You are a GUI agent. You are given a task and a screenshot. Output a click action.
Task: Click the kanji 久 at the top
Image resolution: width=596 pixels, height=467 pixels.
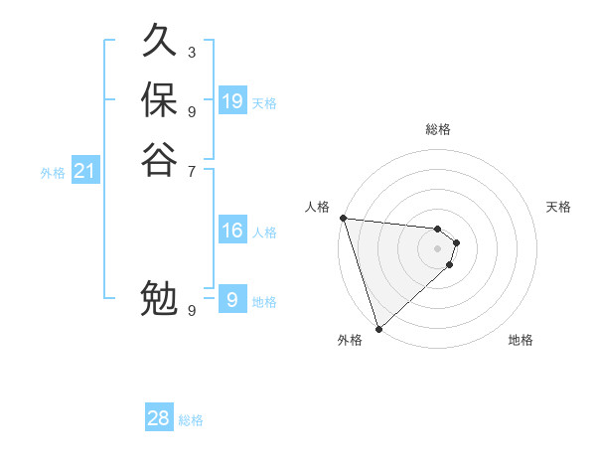pyautogui.click(x=159, y=42)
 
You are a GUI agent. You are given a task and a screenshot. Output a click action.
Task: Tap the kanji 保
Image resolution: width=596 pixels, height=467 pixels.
pyautogui.click(x=159, y=100)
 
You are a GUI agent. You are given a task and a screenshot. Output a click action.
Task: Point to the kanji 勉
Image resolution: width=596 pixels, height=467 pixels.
pyautogui.click(x=159, y=299)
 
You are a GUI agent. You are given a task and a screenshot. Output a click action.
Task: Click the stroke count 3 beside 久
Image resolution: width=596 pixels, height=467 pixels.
pyautogui.click(x=192, y=53)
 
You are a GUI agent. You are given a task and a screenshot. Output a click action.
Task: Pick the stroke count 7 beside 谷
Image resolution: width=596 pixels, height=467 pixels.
pyautogui.click(x=192, y=170)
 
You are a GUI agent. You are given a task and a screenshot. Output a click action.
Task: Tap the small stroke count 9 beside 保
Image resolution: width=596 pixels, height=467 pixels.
pyautogui.click(x=192, y=111)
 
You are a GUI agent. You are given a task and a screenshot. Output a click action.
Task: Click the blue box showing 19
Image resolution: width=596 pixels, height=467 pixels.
pyautogui.click(x=232, y=101)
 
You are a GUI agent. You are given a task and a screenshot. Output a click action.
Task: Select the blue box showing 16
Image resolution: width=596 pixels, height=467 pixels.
pyautogui.click(x=232, y=231)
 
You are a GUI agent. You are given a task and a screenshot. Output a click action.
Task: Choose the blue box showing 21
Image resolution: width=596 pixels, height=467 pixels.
pyautogui.click(x=85, y=172)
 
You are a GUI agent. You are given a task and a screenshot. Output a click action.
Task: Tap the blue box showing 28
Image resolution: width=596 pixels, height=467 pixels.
pyautogui.click(x=159, y=418)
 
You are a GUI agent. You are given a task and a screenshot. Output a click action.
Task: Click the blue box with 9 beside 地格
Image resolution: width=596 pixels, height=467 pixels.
pyautogui.click(x=232, y=300)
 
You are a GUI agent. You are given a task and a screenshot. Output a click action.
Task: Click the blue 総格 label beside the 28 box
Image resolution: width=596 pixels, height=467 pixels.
pyautogui.click(x=191, y=420)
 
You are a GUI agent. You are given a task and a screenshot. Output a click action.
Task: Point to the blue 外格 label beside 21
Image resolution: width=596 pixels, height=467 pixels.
pyautogui.click(x=53, y=173)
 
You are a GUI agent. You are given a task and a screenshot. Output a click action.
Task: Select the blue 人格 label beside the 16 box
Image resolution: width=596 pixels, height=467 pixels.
pyautogui.click(x=264, y=233)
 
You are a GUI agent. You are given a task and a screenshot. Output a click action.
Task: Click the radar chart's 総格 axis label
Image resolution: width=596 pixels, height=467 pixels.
pyautogui.click(x=437, y=129)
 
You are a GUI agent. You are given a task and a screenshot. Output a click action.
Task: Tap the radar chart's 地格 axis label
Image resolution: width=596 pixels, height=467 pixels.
pyautogui.click(x=521, y=340)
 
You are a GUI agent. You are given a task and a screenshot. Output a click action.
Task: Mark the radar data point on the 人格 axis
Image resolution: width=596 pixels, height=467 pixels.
pyautogui.click(x=343, y=218)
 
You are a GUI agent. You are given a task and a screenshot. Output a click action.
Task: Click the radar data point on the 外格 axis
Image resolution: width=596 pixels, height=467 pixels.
pyautogui.click(x=378, y=328)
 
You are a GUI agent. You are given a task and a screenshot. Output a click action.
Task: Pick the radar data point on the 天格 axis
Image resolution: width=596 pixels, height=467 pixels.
pyautogui.click(x=456, y=242)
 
